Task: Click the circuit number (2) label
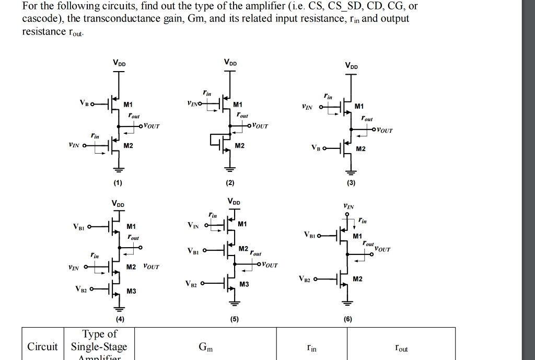(x=230, y=183)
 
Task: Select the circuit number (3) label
(x=351, y=183)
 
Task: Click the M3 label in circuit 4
(x=131, y=291)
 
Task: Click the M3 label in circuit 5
(x=245, y=284)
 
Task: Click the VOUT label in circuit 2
(x=260, y=126)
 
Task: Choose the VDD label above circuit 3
(x=351, y=66)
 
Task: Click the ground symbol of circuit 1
(x=119, y=169)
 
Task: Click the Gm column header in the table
(x=205, y=346)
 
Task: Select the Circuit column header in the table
(x=42, y=346)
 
